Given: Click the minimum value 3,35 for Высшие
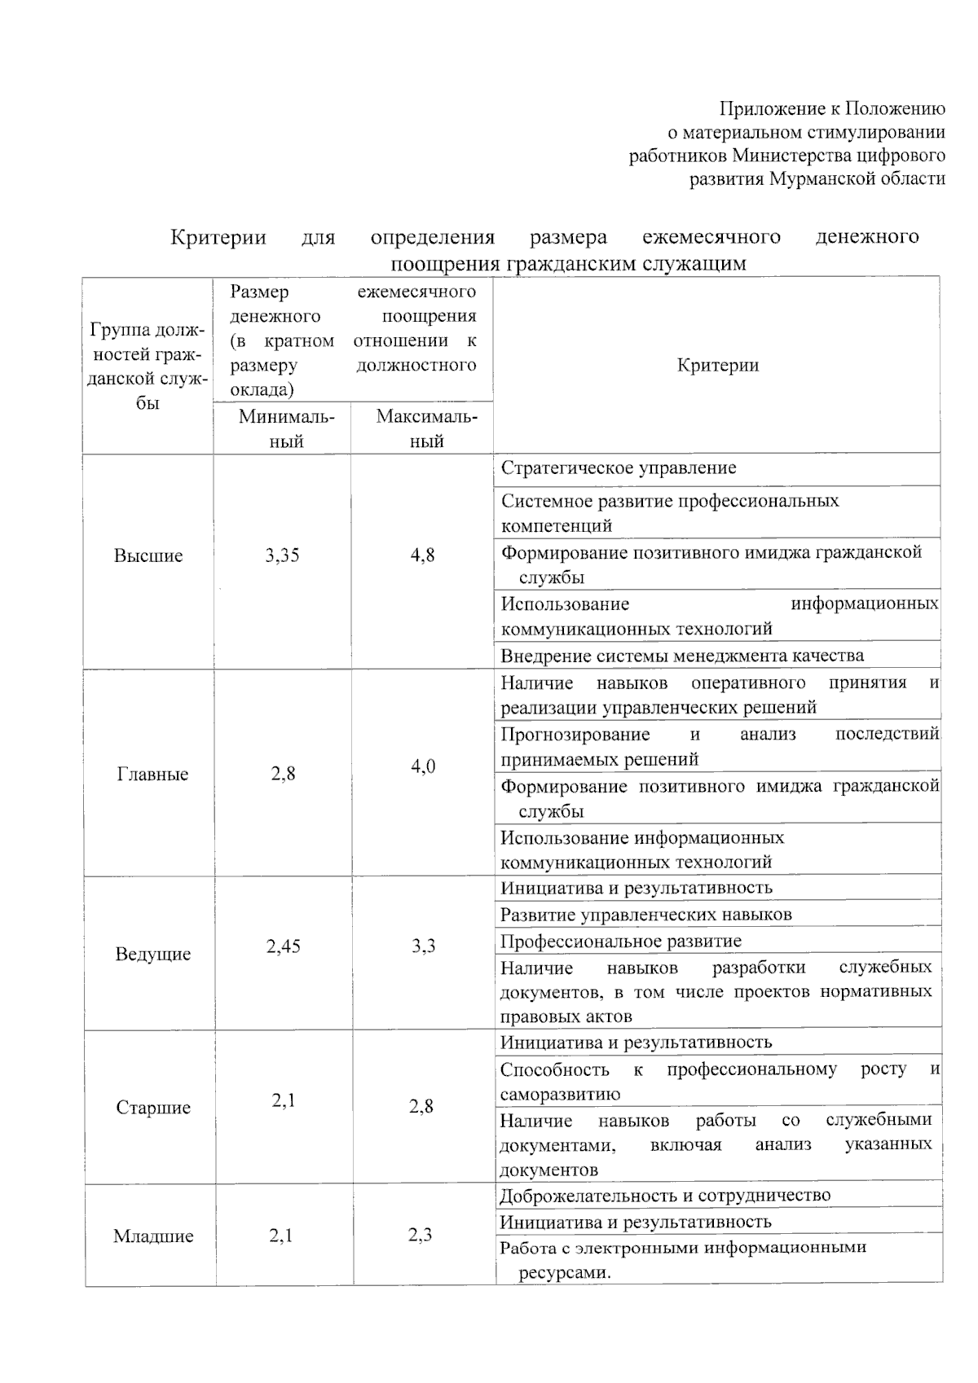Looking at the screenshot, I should pos(282,555).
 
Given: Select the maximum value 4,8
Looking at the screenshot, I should pos(422,555).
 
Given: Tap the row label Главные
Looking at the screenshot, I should pos(152,774).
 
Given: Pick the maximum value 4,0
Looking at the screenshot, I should pos(422,766).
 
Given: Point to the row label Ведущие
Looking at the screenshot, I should pos(152,954).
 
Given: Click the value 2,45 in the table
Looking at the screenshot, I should pos(283,946).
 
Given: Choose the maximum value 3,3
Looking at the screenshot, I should pos(422,946).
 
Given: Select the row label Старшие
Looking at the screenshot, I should pos(152,1108).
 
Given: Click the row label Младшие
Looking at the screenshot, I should pos(152,1236).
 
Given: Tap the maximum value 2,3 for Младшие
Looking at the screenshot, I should pos(420,1236).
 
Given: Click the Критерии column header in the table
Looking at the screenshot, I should pos(717,365).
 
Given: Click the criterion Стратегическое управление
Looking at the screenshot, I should pos(619,468).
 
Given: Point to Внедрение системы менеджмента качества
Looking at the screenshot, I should pos(682,656).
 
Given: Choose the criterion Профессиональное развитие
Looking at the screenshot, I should pos(621,942).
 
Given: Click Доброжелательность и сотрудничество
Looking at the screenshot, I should pos(665,1196).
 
